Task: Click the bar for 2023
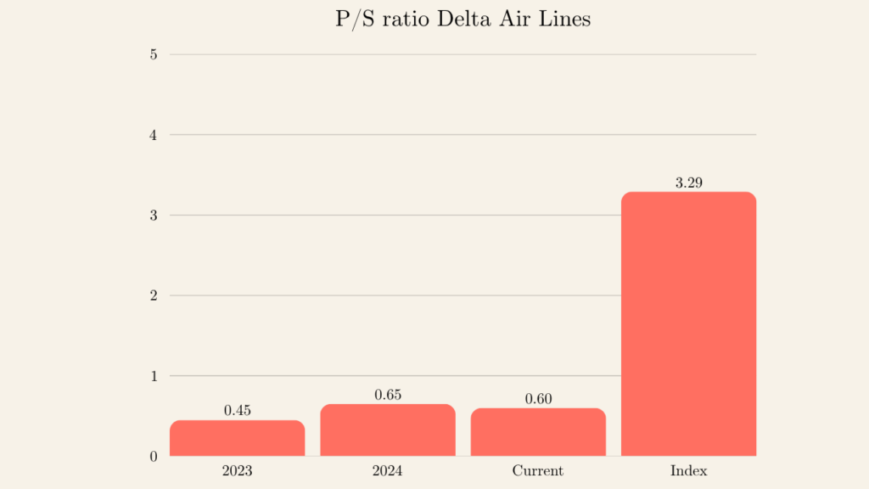(237, 438)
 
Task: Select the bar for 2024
(388, 430)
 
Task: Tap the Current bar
(538, 432)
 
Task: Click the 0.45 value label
(238, 411)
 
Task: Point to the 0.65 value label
(388, 395)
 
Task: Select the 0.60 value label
(538, 399)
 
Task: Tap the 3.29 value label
(688, 183)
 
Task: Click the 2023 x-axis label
(237, 470)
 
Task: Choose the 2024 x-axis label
(388, 470)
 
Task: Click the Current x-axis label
(538, 470)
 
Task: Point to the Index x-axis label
(688, 470)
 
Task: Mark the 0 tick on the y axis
(153, 457)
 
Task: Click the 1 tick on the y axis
(153, 376)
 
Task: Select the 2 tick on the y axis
(153, 295)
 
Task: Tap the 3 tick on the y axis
(153, 216)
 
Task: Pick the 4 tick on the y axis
(153, 135)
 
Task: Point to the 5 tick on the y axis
(153, 54)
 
